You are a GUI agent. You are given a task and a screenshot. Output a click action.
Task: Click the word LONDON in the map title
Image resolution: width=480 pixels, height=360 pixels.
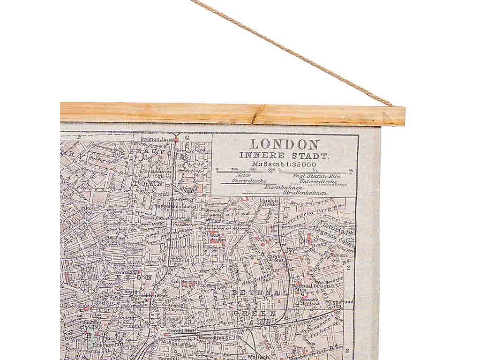[284, 144]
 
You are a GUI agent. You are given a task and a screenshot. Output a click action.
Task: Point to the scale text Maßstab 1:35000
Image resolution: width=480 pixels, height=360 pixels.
[284, 164]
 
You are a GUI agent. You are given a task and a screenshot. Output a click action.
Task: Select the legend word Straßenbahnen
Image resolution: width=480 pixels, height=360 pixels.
[305, 192]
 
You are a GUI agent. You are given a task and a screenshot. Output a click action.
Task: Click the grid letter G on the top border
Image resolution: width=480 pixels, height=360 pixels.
[187, 138]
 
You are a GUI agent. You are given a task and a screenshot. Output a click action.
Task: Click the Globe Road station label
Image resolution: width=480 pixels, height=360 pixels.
[340, 302]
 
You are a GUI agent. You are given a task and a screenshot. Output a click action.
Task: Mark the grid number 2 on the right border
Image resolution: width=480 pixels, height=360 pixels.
[349, 268]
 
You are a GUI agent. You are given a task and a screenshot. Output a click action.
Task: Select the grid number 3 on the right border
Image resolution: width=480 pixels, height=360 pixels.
[348, 350]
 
